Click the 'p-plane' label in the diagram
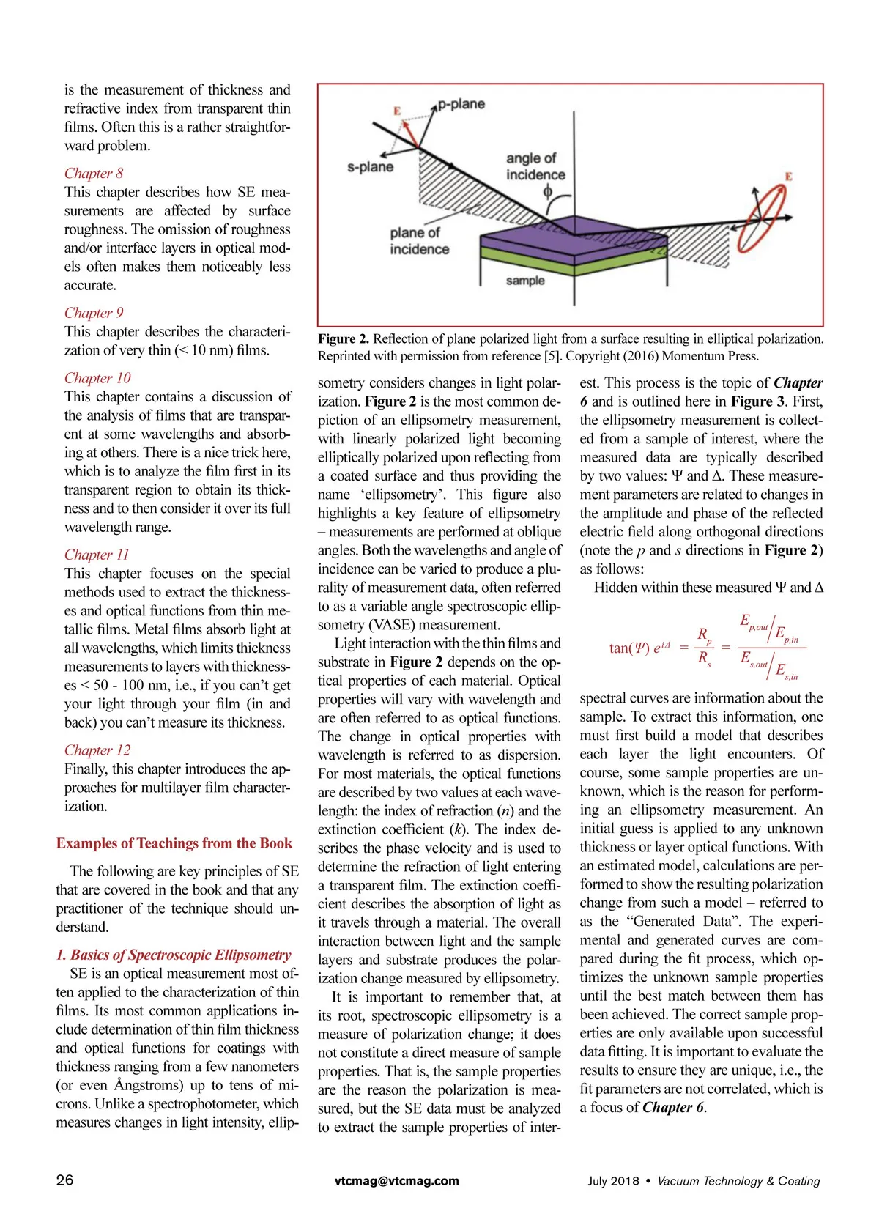click(x=461, y=104)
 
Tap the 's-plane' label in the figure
click(x=370, y=167)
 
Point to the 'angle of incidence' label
click(x=535, y=166)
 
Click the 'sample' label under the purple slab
click(x=525, y=281)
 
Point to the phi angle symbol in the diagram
click(x=547, y=192)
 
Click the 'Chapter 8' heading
click(x=94, y=174)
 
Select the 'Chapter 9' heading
click(x=94, y=313)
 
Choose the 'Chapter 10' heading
click(x=97, y=378)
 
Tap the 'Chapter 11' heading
click(x=97, y=555)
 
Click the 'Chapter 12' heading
click(x=97, y=750)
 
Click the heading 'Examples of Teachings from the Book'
click(x=174, y=843)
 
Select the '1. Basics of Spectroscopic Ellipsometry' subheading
click(x=174, y=955)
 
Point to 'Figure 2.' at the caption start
click(x=344, y=339)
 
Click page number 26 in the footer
click(x=64, y=1180)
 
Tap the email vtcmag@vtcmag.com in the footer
click(x=397, y=1181)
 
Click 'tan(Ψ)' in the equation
click(x=629, y=648)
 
